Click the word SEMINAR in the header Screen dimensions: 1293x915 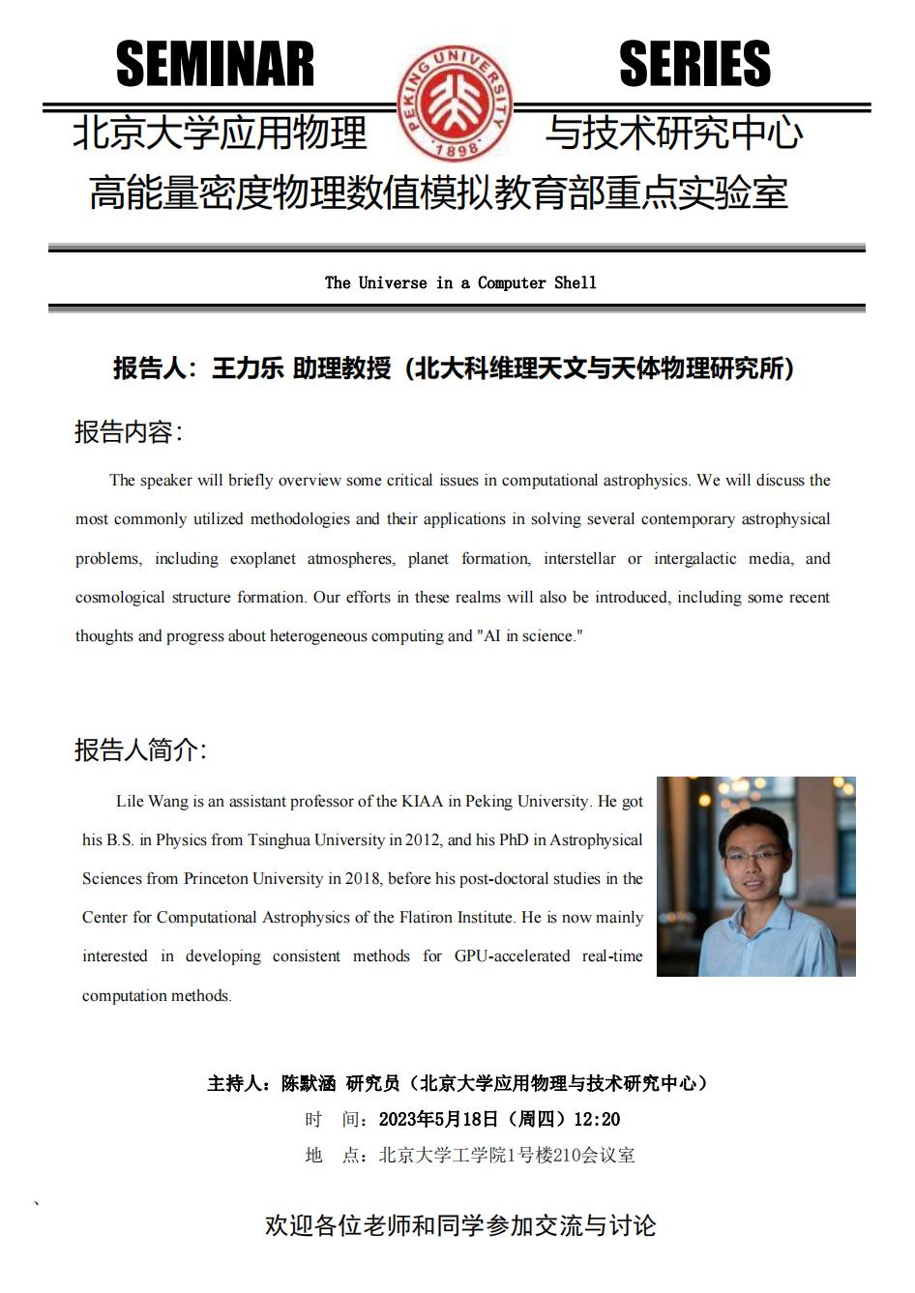pos(215,65)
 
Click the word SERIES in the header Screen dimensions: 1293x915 pos(694,65)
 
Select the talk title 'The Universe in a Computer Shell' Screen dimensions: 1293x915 pos(460,282)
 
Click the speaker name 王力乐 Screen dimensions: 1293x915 pos(247,368)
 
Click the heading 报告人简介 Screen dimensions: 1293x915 pos(139,749)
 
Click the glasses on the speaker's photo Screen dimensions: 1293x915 pos(754,854)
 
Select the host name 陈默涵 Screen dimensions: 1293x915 pos(308,1083)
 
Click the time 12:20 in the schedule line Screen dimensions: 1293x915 pos(596,1119)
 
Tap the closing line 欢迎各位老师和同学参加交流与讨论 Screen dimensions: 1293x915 pos(460,1225)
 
